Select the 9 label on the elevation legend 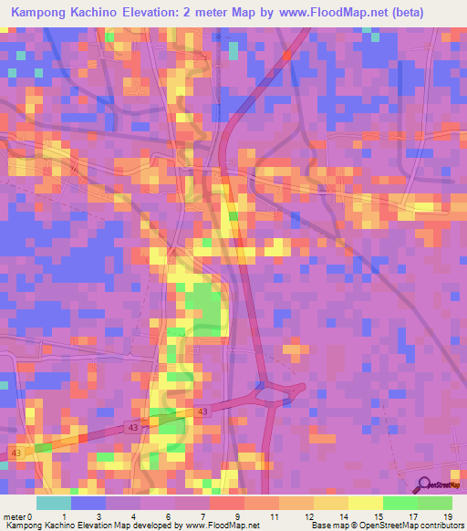tap(237, 516)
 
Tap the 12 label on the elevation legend tap(306, 516)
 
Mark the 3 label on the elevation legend tap(99, 516)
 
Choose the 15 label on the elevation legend tap(376, 516)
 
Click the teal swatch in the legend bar tap(54, 503)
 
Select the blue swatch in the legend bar tap(88, 503)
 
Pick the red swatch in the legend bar tap(227, 503)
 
